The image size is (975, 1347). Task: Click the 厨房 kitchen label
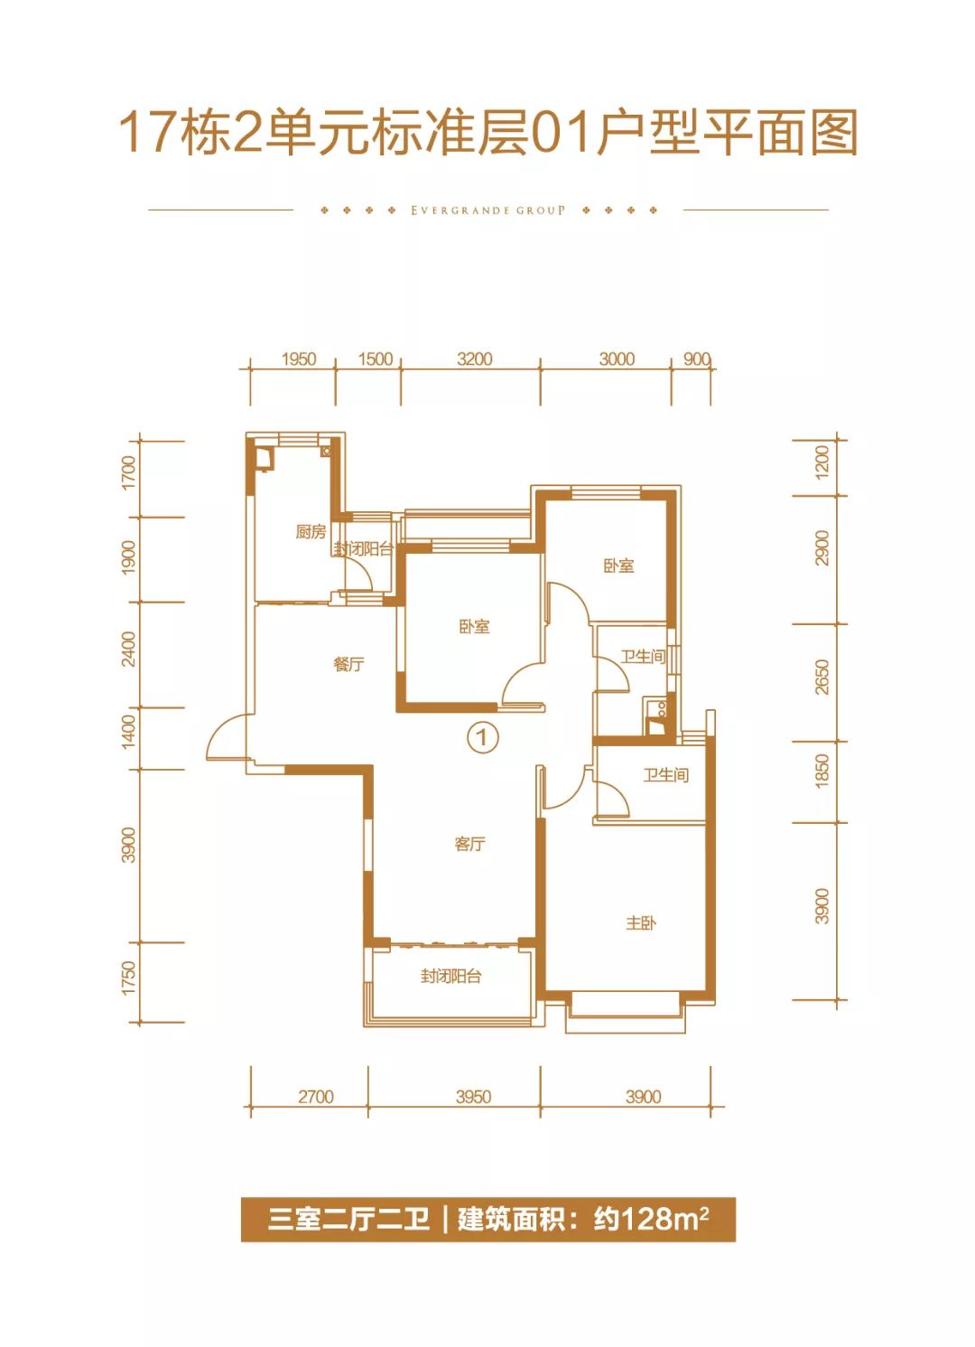pos(311,531)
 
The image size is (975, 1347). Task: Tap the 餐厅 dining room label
pos(348,665)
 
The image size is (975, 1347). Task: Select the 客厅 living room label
pos(469,845)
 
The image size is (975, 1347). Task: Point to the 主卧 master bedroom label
pos(640,922)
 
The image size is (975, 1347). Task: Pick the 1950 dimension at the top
pos(299,359)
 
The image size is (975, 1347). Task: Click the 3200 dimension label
pos(475,359)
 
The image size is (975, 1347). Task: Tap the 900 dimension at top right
pos(697,359)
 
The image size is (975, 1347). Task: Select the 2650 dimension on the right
pos(822,677)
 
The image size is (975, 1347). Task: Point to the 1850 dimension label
pos(822,771)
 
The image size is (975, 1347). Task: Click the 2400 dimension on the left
pos(129,649)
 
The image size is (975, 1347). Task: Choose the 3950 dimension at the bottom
pos(473,1097)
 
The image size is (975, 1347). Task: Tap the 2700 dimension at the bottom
pos(316,1097)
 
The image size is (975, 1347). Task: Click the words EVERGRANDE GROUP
pos(487,210)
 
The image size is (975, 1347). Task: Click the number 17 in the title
pos(147,133)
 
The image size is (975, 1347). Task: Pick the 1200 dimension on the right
pos(822,463)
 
